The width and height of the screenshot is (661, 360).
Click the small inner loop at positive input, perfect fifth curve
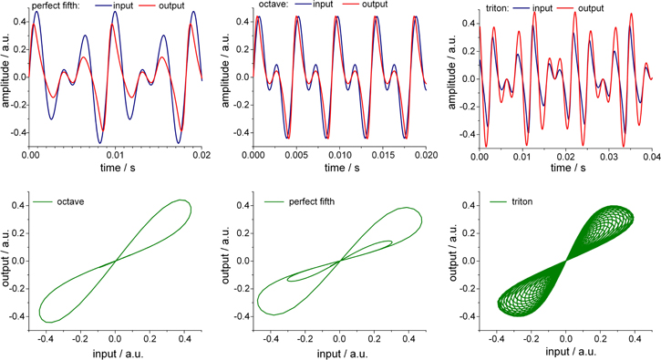(x=375, y=247)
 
